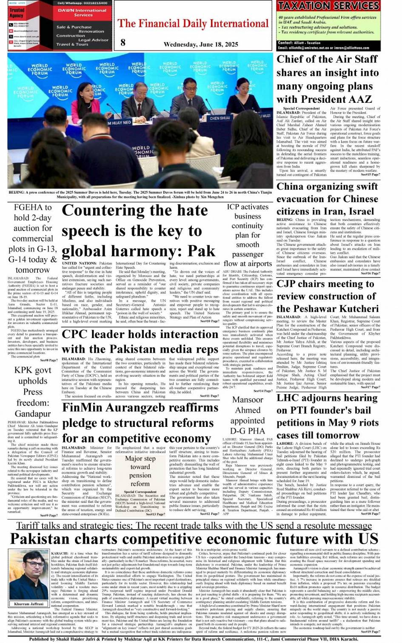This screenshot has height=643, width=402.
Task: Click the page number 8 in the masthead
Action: coord(123,42)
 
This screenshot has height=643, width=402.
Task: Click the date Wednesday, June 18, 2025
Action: coord(201,44)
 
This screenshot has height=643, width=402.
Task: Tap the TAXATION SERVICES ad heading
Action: coord(328,6)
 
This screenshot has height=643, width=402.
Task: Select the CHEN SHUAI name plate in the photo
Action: coord(220,118)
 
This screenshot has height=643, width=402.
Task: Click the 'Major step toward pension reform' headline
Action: coord(140,471)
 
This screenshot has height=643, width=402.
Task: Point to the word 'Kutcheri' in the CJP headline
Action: coord(355,308)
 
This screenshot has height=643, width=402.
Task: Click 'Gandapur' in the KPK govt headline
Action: coord(32,413)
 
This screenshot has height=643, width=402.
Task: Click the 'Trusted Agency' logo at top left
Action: coord(17,13)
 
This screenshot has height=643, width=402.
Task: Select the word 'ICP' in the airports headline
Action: coord(233,207)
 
